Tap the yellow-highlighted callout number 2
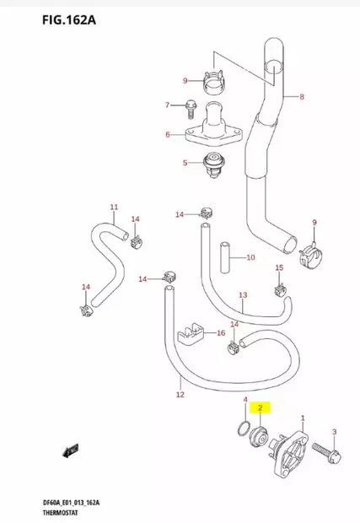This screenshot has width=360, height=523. pyautogui.click(x=261, y=408)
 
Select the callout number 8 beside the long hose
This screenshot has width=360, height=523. pyautogui.click(x=302, y=97)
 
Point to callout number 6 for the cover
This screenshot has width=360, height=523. pyautogui.click(x=168, y=134)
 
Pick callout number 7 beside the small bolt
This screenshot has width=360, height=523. pyautogui.click(x=167, y=105)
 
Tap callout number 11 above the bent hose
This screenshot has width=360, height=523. pyautogui.click(x=114, y=207)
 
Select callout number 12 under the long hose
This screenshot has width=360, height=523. pyautogui.click(x=180, y=394)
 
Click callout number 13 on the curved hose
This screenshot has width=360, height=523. pyautogui.click(x=242, y=295)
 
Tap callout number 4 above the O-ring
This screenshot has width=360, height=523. pyautogui.click(x=244, y=400)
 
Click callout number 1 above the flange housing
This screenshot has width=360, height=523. pyautogui.click(x=304, y=405)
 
